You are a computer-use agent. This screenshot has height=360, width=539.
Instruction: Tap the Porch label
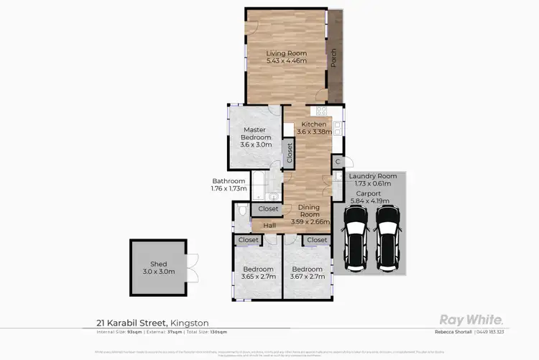pos(334,58)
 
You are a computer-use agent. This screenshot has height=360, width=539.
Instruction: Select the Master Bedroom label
pos(256,133)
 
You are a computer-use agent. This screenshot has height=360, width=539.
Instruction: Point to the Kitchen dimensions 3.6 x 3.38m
pos(314,131)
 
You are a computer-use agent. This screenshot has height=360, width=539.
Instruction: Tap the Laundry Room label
pos(372,176)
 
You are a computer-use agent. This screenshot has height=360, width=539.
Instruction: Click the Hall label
pos(269,226)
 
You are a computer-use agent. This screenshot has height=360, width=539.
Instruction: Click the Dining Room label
pos(310,214)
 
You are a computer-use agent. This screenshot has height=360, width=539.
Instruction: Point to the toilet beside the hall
pos(241,210)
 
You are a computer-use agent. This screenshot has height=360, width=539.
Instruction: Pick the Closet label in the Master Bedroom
pos(290,153)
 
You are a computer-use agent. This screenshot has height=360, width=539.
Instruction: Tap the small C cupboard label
pos(337,162)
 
